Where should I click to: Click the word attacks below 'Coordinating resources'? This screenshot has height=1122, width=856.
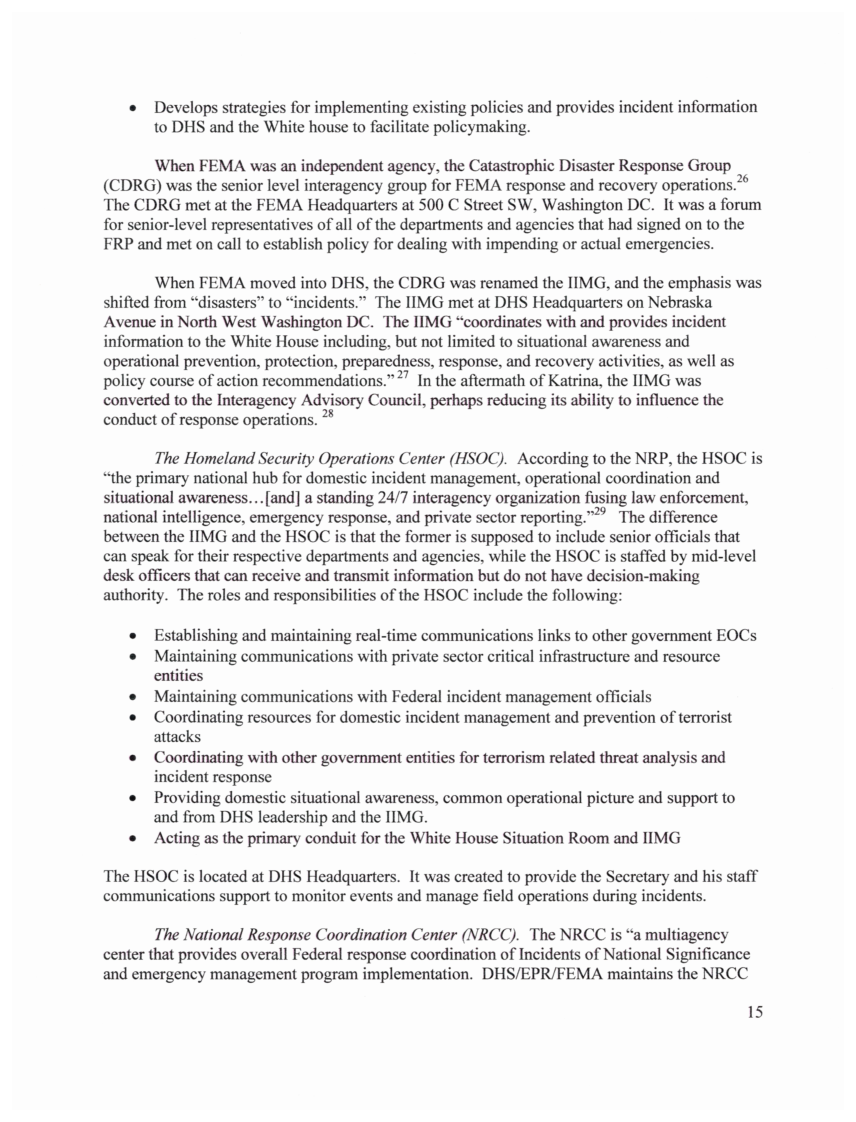(x=177, y=737)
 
